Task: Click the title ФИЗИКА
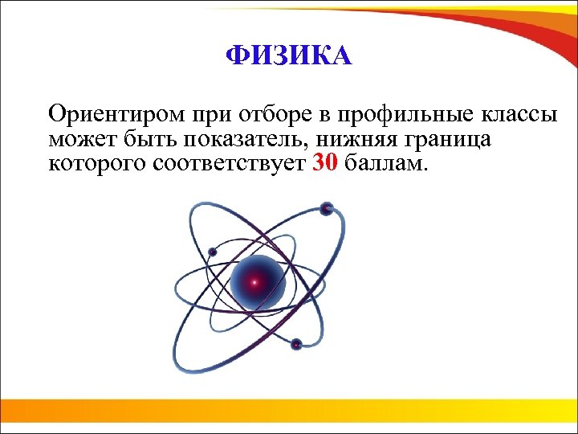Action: click(288, 55)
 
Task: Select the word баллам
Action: click(390, 166)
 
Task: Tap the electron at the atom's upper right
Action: click(326, 210)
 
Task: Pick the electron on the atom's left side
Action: click(212, 252)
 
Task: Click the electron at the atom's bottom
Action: click(296, 344)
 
